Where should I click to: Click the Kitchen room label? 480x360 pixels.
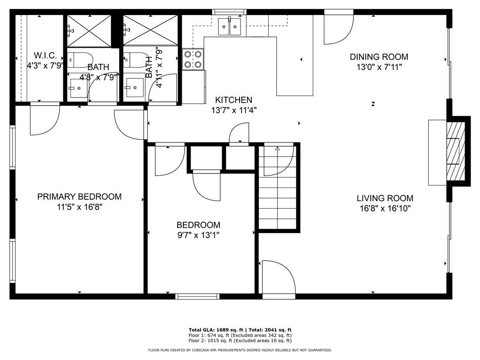[x=233, y=100]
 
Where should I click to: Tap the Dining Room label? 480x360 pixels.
[x=379, y=57]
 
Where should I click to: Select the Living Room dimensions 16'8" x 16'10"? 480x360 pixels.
[x=385, y=209]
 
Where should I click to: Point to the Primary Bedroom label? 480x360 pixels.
[x=79, y=196]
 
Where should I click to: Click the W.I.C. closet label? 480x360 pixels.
[x=45, y=55]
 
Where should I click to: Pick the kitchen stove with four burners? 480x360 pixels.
[x=193, y=60]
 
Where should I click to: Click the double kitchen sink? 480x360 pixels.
[x=230, y=27]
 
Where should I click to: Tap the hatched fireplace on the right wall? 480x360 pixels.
[x=456, y=151]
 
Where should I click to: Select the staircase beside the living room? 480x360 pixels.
[x=277, y=187]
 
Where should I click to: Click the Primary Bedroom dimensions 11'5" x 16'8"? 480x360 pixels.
[x=80, y=207]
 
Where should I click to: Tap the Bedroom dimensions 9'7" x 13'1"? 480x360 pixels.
[x=198, y=235]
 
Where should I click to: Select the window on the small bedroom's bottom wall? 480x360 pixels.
[x=197, y=296]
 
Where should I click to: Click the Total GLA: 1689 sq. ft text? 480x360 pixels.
[x=216, y=330]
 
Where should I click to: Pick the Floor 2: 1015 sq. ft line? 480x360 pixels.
[x=240, y=340]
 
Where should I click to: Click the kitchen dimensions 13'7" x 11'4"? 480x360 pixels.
[x=233, y=110]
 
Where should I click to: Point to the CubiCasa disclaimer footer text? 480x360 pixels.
[x=240, y=350]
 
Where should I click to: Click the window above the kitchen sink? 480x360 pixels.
[x=230, y=12]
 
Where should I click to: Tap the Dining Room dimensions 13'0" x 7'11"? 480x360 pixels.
[x=379, y=67]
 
